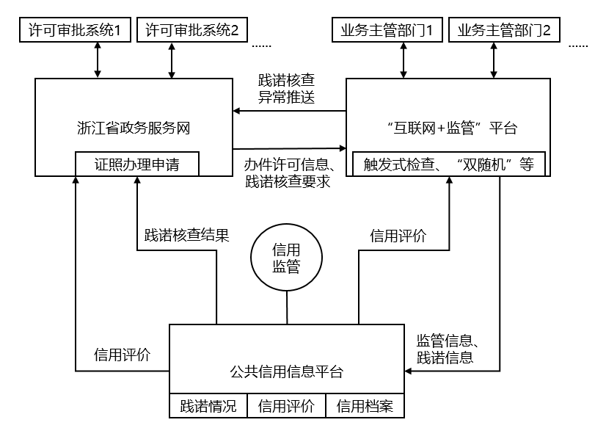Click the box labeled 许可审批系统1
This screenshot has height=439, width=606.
point(73,30)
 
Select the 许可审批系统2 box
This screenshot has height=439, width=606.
point(192,30)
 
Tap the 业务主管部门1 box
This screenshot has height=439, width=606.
point(387,30)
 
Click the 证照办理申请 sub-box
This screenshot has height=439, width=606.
point(137,164)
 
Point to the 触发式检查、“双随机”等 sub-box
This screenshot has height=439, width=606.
point(448,164)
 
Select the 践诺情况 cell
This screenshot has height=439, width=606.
point(209,407)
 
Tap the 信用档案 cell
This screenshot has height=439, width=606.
point(365,407)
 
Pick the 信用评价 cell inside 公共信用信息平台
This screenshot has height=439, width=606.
point(287,407)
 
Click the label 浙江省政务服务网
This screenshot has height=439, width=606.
point(133,127)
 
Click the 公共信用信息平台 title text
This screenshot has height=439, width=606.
point(286,371)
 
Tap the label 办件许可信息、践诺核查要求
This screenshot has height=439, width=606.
point(289,173)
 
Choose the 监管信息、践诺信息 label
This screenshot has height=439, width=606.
point(447,349)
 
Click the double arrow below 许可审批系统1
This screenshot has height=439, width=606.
point(97,59)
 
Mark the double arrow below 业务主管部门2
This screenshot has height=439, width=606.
point(493,59)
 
